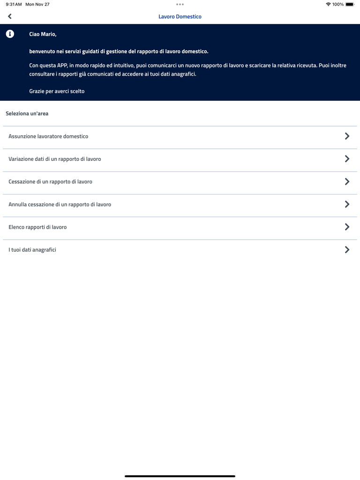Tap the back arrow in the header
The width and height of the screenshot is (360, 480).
pyautogui.click(x=10, y=16)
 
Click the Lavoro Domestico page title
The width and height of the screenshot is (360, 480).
pyautogui.click(x=180, y=16)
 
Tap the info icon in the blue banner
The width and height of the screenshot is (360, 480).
pyautogui.click(x=10, y=34)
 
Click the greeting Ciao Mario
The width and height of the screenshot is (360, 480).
pyautogui.click(x=43, y=34)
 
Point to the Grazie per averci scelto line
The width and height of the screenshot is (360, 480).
pyautogui.click(x=57, y=91)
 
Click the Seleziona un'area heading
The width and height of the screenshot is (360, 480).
pyautogui.click(x=27, y=113)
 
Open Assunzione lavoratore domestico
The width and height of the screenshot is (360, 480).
pyautogui.click(x=48, y=136)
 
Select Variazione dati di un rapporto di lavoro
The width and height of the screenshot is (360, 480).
pyautogui.click(x=55, y=159)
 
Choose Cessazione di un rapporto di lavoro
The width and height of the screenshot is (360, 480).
pyautogui.click(x=50, y=181)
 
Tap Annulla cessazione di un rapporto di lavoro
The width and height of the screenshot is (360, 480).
pyautogui.click(x=60, y=204)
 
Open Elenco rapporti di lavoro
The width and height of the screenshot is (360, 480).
pyautogui.click(x=37, y=227)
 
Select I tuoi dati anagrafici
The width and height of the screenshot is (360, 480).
pyautogui.click(x=32, y=250)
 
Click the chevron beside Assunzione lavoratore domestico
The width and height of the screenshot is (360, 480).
pyautogui.click(x=347, y=136)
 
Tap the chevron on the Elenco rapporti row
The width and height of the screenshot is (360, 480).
pyautogui.click(x=347, y=227)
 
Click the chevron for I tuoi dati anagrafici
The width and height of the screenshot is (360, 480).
pyautogui.click(x=347, y=250)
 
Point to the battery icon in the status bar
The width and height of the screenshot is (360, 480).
pyautogui.click(x=350, y=4)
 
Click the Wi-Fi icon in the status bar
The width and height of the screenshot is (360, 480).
pyautogui.click(x=328, y=4)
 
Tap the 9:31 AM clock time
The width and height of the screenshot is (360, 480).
pyautogui.click(x=14, y=4)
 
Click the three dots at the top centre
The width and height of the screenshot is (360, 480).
pyautogui.click(x=180, y=4)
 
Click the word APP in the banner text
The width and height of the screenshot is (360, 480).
pyautogui.click(x=62, y=66)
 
